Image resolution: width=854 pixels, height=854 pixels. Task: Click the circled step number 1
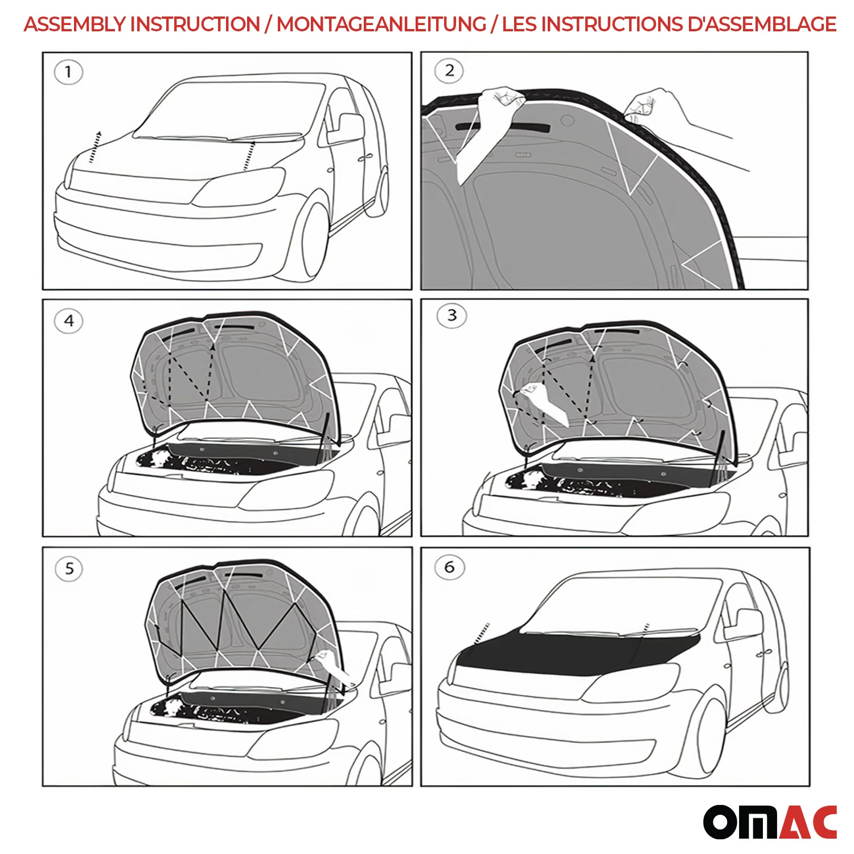coord(68,72)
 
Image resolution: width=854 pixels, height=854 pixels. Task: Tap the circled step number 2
coord(449,71)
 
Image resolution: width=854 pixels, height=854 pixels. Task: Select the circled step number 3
coord(451,316)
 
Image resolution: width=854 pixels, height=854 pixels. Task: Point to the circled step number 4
coord(69,321)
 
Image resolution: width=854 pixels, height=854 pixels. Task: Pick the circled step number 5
coord(69,569)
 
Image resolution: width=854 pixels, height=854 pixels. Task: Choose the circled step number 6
coord(449,568)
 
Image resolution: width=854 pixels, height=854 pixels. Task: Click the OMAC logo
coord(770,822)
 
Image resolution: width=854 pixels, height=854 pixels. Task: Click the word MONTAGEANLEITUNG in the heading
coord(381,24)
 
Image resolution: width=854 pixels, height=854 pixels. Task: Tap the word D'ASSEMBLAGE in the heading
coord(762,24)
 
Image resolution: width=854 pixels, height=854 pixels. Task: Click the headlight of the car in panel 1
coord(239,188)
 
